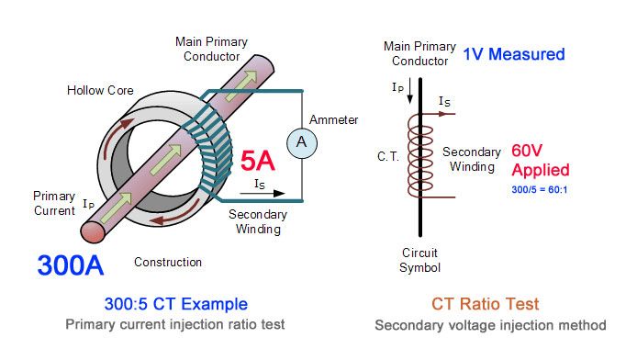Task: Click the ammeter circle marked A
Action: (x=302, y=143)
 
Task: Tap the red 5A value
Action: (x=258, y=161)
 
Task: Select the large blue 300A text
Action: (x=71, y=265)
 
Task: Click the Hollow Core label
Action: (x=100, y=90)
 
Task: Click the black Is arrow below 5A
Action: (x=263, y=194)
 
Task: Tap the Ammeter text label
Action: (x=333, y=120)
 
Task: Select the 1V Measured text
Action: (x=514, y=54)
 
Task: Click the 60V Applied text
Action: (x=541, y=161)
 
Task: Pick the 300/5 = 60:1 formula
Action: (x=540, y=190)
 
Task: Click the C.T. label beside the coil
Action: (x=388, y=156)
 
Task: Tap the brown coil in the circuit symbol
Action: (x=421, y=156)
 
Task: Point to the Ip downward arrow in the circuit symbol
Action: (x=410, y=90)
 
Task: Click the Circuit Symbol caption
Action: (x=419, y=260)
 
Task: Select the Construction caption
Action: (x=168, y=262)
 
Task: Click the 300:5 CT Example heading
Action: (x=176, y=304)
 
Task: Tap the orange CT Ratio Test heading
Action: (x=485, y=304)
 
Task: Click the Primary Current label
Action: (x=54, y=203)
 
